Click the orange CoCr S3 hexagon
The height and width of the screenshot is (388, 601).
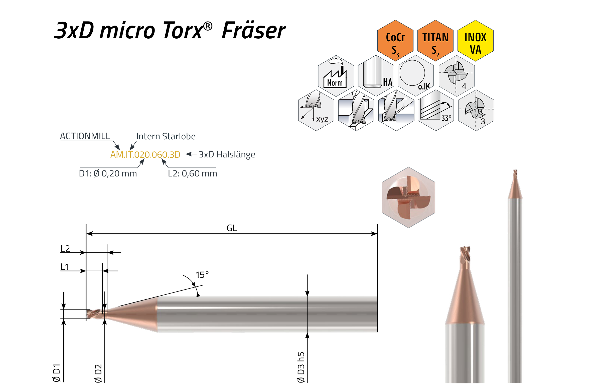(x=395, y=41)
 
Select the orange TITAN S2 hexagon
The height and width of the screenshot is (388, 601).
(x=435, y=41)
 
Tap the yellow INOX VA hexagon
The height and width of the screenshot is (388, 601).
(x=475, y=41)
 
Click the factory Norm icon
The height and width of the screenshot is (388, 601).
(x=336, y=76)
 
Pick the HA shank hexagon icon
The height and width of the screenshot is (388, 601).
(x=376, y=76)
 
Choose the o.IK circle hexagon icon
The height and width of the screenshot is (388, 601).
(x=416, y=76)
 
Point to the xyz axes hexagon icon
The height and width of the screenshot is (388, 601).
(x=316, y=110)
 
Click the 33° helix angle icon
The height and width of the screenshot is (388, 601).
(x=436, y=110)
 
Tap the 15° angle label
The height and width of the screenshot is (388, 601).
(x=202, y=275)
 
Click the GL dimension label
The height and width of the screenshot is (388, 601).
(x=232, y=228)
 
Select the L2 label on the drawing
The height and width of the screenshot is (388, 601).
(x=65, y=249)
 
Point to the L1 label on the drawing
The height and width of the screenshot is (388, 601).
(x=64, y=267)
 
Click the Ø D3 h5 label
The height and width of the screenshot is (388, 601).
(x=301, y=367)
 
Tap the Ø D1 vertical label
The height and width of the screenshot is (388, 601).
(x=56, y=373)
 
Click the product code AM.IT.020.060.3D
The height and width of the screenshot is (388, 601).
(x=145, y=154)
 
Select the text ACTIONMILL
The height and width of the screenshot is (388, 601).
(x=85, y=136)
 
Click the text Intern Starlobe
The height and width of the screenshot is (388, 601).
(x=166, y=136)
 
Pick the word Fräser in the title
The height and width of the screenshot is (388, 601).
(x=253, y=31)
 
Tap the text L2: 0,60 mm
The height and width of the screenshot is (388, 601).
(x=193, y=173)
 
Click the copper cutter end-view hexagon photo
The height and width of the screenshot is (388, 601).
(x=408, y=197)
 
